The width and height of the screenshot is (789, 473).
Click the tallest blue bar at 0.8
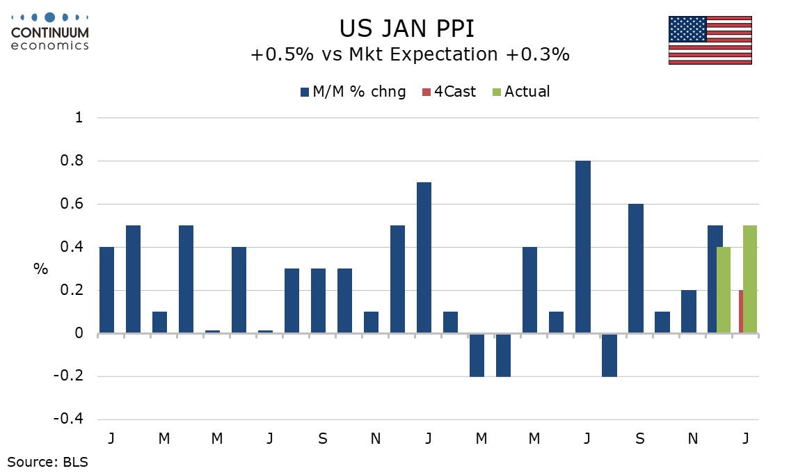click(582, 247)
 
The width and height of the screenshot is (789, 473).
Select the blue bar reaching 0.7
click(424, 257)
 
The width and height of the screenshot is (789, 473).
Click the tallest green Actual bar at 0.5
click(750, 279)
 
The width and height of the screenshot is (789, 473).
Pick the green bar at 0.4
click(724, 290)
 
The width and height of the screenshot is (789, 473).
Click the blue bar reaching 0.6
click(635, 268)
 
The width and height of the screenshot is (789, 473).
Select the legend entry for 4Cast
click(448, 92)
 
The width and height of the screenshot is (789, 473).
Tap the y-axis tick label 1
click(79, 118)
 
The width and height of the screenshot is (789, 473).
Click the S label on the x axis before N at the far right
click(640, 439)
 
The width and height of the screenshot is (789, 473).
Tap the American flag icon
click(710, 40)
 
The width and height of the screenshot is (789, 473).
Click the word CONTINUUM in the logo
click(50, 32)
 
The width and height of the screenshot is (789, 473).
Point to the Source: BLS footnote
click(48, 460)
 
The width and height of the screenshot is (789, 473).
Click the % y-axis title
click(41, 269)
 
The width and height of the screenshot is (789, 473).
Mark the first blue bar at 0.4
click(106, 290)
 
